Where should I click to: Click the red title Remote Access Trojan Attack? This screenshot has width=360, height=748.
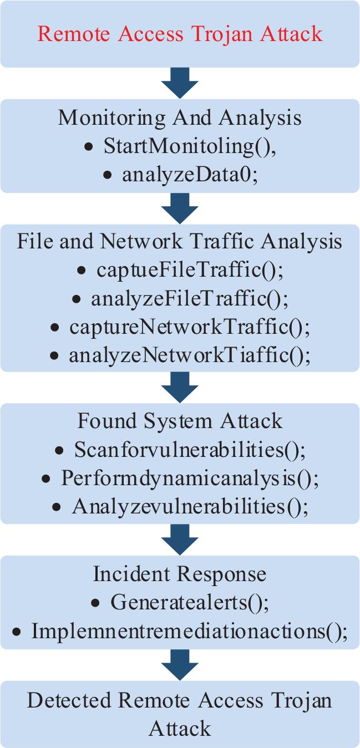point(180,34)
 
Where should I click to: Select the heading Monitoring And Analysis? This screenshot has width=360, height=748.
point(180,118)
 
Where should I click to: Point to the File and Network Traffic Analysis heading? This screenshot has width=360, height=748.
point(180,242)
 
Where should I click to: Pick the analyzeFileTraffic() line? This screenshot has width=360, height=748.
point(189,299)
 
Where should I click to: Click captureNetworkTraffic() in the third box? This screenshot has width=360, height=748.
point(189,327)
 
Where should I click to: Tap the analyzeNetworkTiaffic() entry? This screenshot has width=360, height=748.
point(189,355)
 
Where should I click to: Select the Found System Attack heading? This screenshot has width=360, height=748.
point(180,421)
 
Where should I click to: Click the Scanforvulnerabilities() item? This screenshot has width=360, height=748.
point(189,450)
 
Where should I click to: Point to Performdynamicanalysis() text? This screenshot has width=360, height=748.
point(189,478)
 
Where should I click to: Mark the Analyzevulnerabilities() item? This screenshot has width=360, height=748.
point(189,506)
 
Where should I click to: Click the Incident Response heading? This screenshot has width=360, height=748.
point(180,573)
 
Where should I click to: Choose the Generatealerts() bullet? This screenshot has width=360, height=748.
point(189,602)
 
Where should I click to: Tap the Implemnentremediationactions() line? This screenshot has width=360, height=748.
point(189,631)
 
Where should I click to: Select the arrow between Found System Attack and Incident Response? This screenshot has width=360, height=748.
point(180,540)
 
